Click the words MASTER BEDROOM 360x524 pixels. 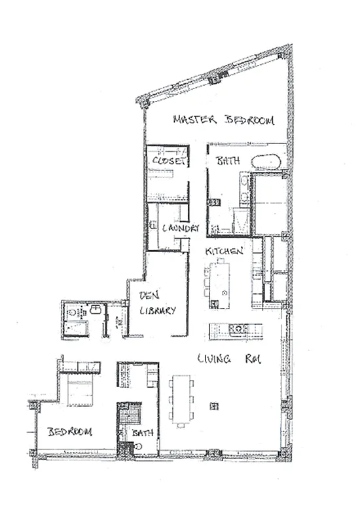click(223, 120)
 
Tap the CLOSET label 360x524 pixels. click(170, 160)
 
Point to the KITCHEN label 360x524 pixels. click(225, 251)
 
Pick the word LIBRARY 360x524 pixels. click(157, 312)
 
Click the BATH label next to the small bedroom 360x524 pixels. click(142, 433)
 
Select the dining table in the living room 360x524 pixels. click(181, 398)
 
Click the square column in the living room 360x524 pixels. click(213, 405)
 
